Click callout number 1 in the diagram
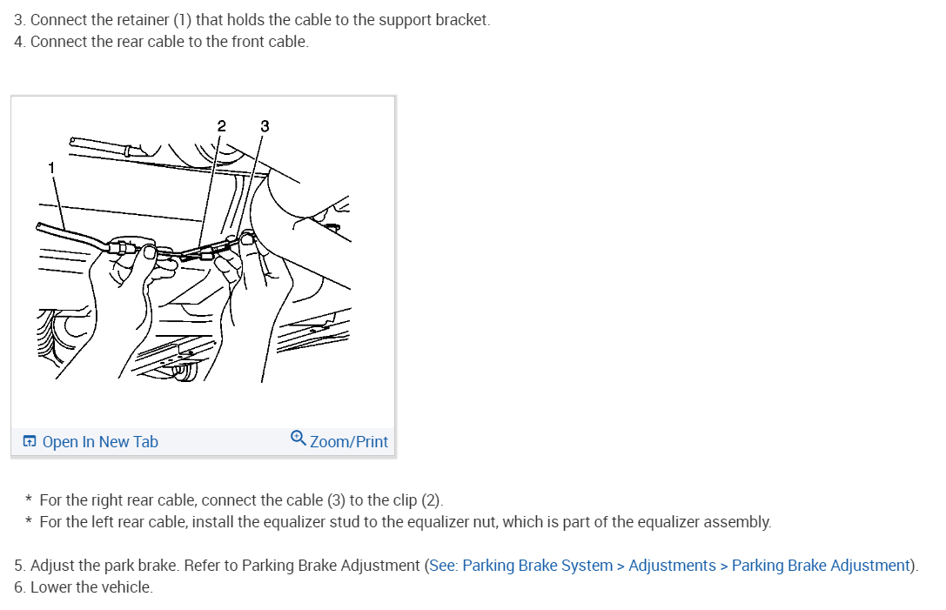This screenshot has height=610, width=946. coord(51,166)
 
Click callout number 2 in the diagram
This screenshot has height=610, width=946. coord(221,126)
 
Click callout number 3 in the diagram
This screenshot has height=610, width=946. coord(265,126)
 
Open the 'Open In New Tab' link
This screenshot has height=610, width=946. coord(100,442)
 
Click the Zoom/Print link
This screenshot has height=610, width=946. coord(349,442)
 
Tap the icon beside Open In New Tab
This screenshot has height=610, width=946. coord(30,442)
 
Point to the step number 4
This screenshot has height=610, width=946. coord(19,42)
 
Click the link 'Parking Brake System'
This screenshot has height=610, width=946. coord(537,566)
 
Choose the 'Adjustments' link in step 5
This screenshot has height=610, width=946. coord(672,566)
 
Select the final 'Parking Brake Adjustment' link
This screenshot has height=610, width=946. coord(821,566)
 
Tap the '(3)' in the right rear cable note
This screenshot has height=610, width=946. coord(337,500)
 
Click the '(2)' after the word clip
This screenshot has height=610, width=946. coord(431,500)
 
